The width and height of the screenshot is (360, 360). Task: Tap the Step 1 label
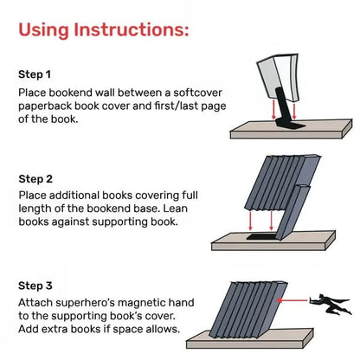tap(35, 74)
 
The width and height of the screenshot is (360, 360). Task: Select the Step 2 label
tap(35, 179)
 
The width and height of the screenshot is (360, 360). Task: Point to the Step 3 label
tap(35, 284)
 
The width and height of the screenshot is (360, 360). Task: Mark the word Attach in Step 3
tap(36, 302)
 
